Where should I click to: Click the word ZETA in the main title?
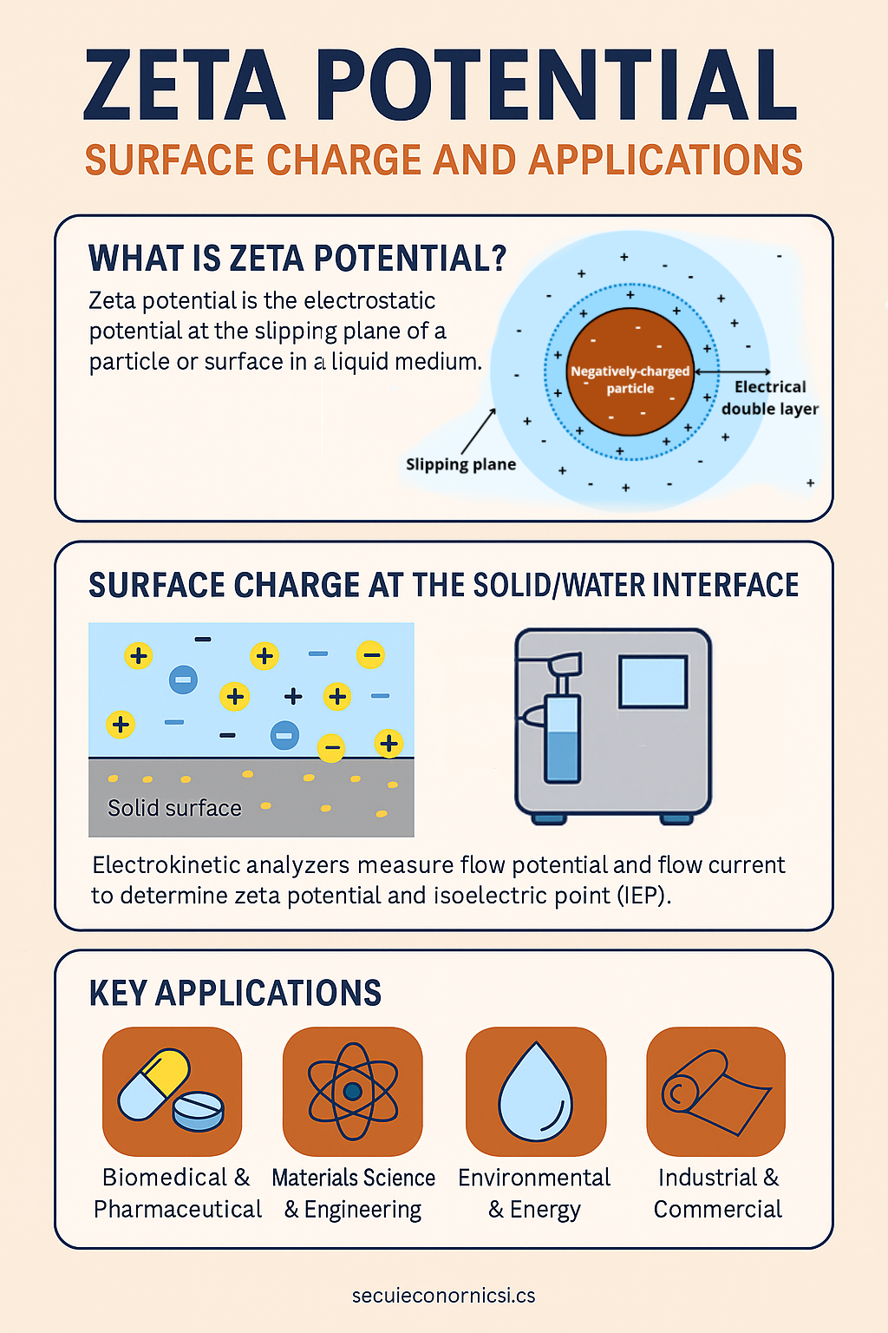185,84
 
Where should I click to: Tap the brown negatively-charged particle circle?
630,372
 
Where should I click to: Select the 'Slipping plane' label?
461,465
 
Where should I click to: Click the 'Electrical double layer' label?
770,397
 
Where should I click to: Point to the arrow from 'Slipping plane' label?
478,431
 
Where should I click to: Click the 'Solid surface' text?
174,808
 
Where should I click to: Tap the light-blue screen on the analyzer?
653,681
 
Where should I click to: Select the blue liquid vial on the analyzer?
562,738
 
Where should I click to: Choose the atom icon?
353,1091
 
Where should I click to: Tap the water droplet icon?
535,1092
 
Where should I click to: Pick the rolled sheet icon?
716,1092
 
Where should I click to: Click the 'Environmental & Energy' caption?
534,1193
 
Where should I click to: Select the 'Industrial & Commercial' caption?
718,1193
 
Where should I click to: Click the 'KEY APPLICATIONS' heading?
235,993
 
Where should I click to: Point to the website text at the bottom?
444,1296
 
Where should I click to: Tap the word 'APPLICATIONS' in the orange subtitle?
665,160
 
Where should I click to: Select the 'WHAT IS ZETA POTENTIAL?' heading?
297,259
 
